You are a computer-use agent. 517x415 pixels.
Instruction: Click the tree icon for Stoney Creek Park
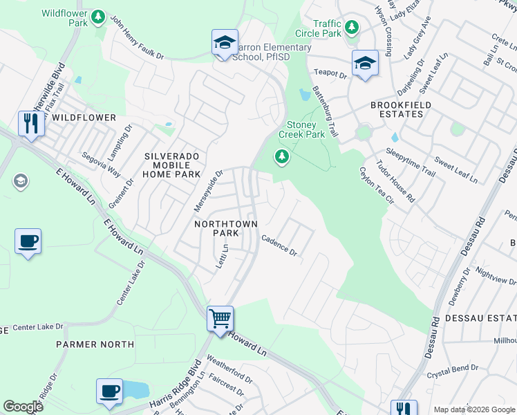point(281,157)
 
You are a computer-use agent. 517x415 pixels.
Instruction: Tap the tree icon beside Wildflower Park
point(98,16)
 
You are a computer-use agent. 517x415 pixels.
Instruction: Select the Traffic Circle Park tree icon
point(352,28)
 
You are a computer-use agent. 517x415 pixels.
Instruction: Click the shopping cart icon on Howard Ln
point(220,320)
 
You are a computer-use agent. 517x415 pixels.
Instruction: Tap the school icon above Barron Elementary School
point(225,42)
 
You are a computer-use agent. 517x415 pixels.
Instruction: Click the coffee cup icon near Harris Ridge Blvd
point(109,391)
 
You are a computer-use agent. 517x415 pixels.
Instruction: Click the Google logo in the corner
point(23,407)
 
